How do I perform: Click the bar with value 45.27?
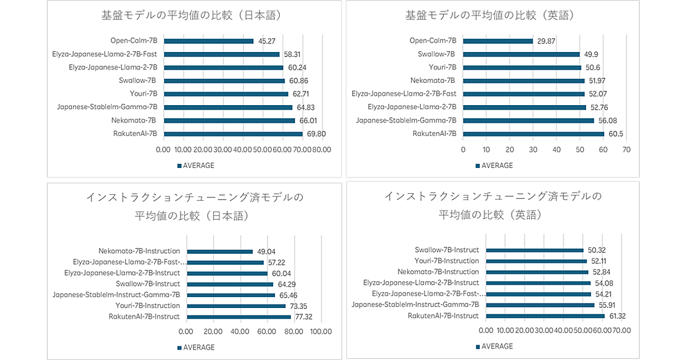[209, 41]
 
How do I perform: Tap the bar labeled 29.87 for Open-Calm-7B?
[498, 41]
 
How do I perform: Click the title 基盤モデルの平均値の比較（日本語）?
[192, 15]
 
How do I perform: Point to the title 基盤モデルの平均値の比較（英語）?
[490, 15]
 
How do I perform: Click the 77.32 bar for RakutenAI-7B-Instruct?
[239, 317]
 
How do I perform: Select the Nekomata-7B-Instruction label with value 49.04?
[139, 251]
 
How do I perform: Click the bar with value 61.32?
[545, 316]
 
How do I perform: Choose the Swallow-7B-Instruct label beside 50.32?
[446, 250]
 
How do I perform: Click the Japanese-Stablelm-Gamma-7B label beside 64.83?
[107, 107]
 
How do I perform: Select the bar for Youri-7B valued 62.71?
[226, 94]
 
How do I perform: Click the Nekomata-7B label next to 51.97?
[433, 81]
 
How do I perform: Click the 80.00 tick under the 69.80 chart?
[322, 149]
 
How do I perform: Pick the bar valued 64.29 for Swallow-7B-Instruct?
[230, 284]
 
